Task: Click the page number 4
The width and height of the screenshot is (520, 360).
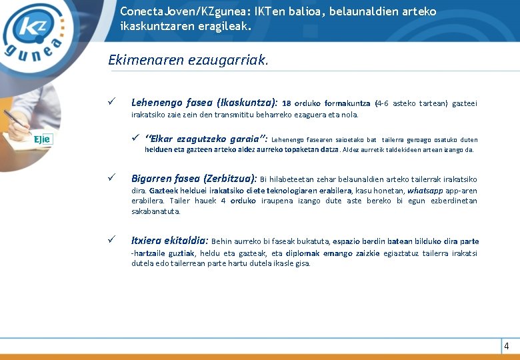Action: [x=507, y=346]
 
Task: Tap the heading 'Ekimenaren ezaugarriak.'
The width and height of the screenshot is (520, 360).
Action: [x=189, y=61]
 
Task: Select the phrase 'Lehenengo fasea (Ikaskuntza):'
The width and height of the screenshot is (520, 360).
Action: [x=205, y=103]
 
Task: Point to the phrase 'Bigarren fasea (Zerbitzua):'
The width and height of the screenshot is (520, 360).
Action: [x=194, y=179]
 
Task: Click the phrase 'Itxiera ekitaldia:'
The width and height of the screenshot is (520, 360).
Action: [x=170, y=241]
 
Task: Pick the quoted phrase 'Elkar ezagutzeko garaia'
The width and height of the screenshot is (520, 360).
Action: [x=205, y=139]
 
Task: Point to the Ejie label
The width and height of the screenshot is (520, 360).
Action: [x=43, y=139]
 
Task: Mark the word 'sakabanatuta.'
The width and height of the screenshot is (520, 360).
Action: [x=156, y=211]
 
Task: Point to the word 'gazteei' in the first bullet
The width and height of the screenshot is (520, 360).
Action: [x=464, y=103]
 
